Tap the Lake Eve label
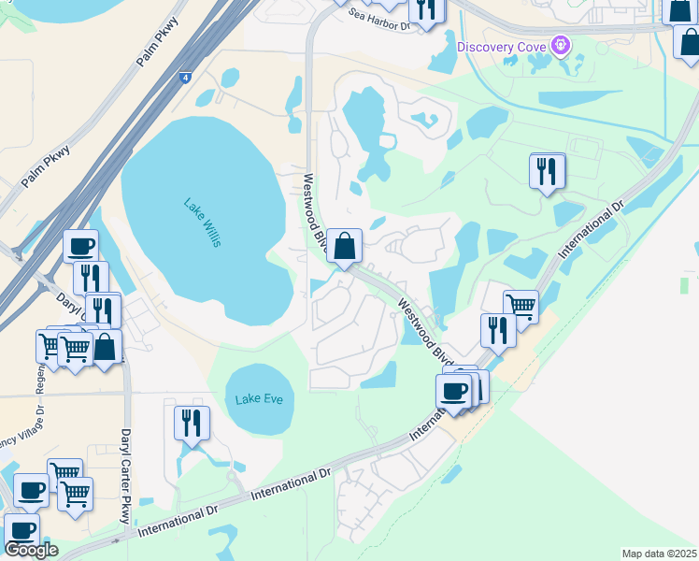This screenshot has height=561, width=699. pos(259,399)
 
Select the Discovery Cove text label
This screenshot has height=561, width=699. pos(501,46)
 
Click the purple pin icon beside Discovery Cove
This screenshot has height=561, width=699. pos(560,44)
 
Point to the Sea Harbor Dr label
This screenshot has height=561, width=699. pos(380,20)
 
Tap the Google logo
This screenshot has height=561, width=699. pos(31,550)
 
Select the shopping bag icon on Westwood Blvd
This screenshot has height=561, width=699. pos(345,247)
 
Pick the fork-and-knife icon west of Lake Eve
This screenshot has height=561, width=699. pos(192,423)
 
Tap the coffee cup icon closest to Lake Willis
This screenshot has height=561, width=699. pos(81,247)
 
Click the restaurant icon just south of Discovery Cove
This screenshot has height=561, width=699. pos(547,170)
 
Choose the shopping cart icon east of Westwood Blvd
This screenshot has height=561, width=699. pos(521,306)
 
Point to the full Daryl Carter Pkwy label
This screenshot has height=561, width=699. pos(125,476)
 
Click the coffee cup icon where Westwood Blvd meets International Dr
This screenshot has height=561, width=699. pos(454,390)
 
